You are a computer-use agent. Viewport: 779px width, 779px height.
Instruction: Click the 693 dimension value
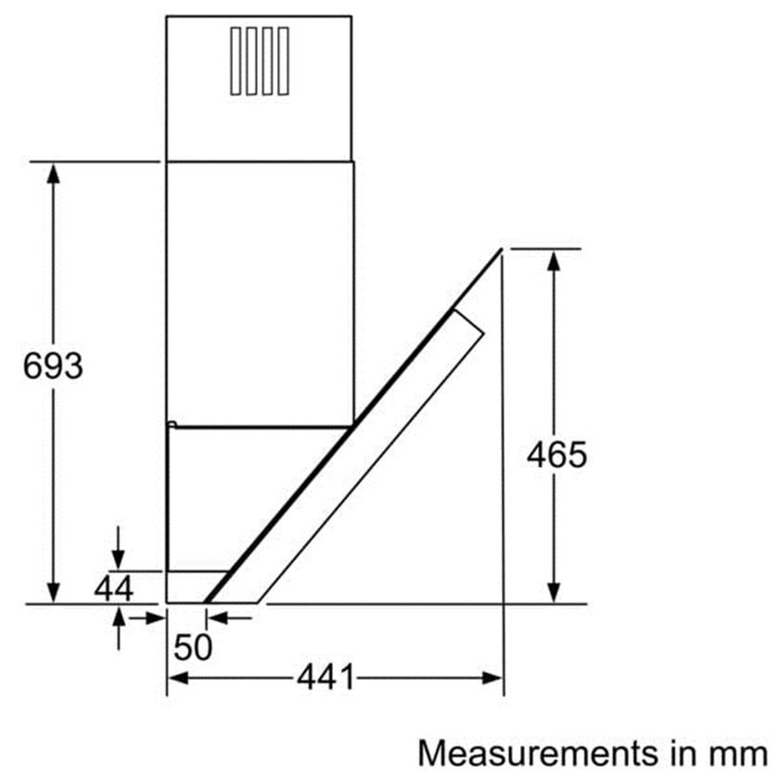[53, 366]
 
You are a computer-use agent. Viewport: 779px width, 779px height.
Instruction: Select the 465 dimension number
[556, 455]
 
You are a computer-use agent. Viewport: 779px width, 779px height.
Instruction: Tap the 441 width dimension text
[326, 677]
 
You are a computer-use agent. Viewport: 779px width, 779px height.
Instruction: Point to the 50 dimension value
[193, 647]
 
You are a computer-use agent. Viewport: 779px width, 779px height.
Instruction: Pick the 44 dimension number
[114, 589]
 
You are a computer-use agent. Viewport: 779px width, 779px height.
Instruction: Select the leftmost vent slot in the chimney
[236, 60]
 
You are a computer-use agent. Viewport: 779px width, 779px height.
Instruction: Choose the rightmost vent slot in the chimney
[283, 60]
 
